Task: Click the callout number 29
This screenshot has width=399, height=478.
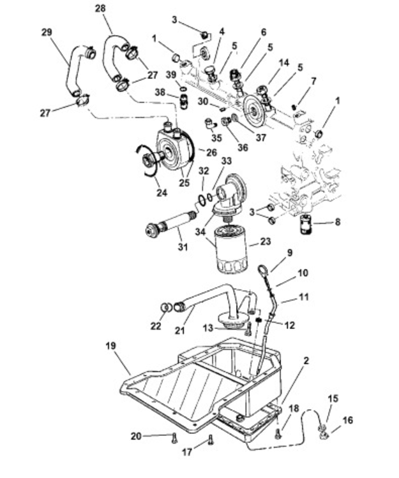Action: pos(47,32)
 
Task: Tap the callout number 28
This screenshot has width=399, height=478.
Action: pos(100,8)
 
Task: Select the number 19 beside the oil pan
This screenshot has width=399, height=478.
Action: pos(111,345)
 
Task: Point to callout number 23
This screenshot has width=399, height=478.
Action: pos(265,242)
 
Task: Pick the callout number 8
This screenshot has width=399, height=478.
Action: pos(337,222)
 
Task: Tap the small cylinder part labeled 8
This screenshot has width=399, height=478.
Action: pos(306,225)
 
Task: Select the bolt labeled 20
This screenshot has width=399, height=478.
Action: pos(174,438)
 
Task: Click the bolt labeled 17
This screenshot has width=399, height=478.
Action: pos(210,439)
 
